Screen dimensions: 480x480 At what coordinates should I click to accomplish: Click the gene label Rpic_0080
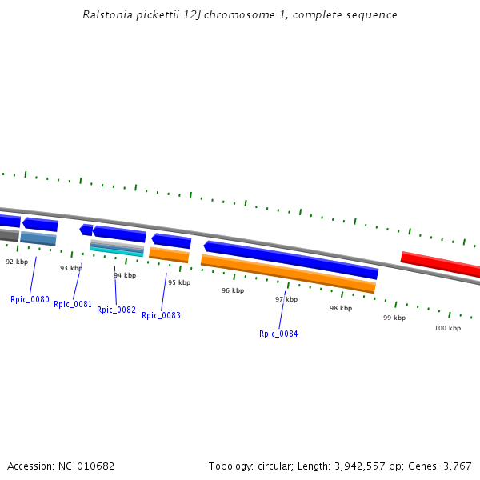pyautogui.click(x=30, y=300)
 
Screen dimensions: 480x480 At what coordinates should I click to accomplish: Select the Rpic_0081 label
pyautogui.click(x=73, y=304)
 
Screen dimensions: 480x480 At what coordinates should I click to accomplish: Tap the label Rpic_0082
pyautogui.click(x=116, y=310)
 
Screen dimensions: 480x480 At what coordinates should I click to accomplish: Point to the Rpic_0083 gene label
pyautogui.click(x=161, y=315)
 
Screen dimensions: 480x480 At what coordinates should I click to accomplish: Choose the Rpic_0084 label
pyautogui.click(x=278, y=334)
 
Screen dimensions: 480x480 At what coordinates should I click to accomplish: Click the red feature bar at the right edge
pyautogui.click(x=440, y=265)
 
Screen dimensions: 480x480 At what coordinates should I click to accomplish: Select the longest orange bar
pyautogui.click(x=288, y=274)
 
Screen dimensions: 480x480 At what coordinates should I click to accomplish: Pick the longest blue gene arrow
pyautogui.click(x=291, y=260)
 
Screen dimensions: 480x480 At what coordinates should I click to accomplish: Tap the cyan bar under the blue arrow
pyautogui.click(x=116, y=252)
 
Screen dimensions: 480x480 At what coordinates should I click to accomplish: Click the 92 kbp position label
pyautogui.click(x=17, y=262)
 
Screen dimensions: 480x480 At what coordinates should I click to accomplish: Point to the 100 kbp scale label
pyautogui.click(x=447, y=328)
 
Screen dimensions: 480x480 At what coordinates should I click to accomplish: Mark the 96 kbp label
pyautogui.click(x=232, y=290)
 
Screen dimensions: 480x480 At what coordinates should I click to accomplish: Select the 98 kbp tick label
pyautogui.click(x=341, y=308)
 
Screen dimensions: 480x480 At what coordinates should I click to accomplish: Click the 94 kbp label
pyautogui.click(x=125, y=275)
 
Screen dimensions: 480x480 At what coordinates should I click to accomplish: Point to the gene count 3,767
pyautogui.click(x=456, y=466)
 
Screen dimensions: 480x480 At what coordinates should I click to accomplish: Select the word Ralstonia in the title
pyautogui.click(x=107, y=15)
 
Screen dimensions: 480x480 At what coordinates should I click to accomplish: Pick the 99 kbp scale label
pyautogui.click(x=394, y=318)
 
